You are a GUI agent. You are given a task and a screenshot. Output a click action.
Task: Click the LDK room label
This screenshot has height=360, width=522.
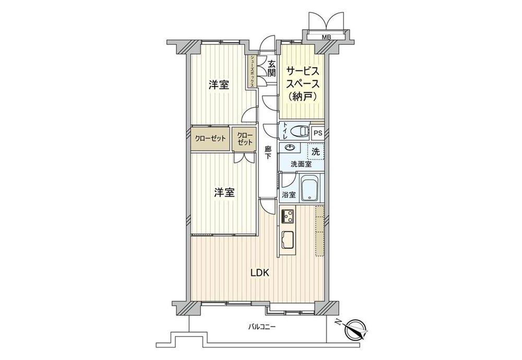pyautogui.click(x=259, y=273)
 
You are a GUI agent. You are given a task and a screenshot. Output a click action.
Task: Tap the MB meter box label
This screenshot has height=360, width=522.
pyautogui.click(x=326, y=37)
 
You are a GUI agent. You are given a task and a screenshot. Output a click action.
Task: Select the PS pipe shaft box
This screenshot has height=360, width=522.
pyautogui.click(x=318, y=133)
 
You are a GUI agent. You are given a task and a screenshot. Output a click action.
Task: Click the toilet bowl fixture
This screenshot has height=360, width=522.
pyautogui.click(x=300, y=131)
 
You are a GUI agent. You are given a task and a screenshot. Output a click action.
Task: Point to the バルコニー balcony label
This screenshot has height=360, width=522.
pyautogui.click(x=262, y=327)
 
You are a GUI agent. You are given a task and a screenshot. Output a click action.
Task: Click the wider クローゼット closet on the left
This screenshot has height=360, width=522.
pyautogui.click(x=210, y=138)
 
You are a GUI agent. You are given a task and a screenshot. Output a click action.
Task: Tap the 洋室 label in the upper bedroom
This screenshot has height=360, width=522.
pyautogui.click(x=219, y=85)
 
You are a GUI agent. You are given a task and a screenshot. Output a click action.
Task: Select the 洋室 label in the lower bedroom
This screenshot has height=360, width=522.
pyautogui.click(x=224, y=193)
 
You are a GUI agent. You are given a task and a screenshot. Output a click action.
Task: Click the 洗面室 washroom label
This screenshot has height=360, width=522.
pyautogui.click(x=301, y=164)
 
